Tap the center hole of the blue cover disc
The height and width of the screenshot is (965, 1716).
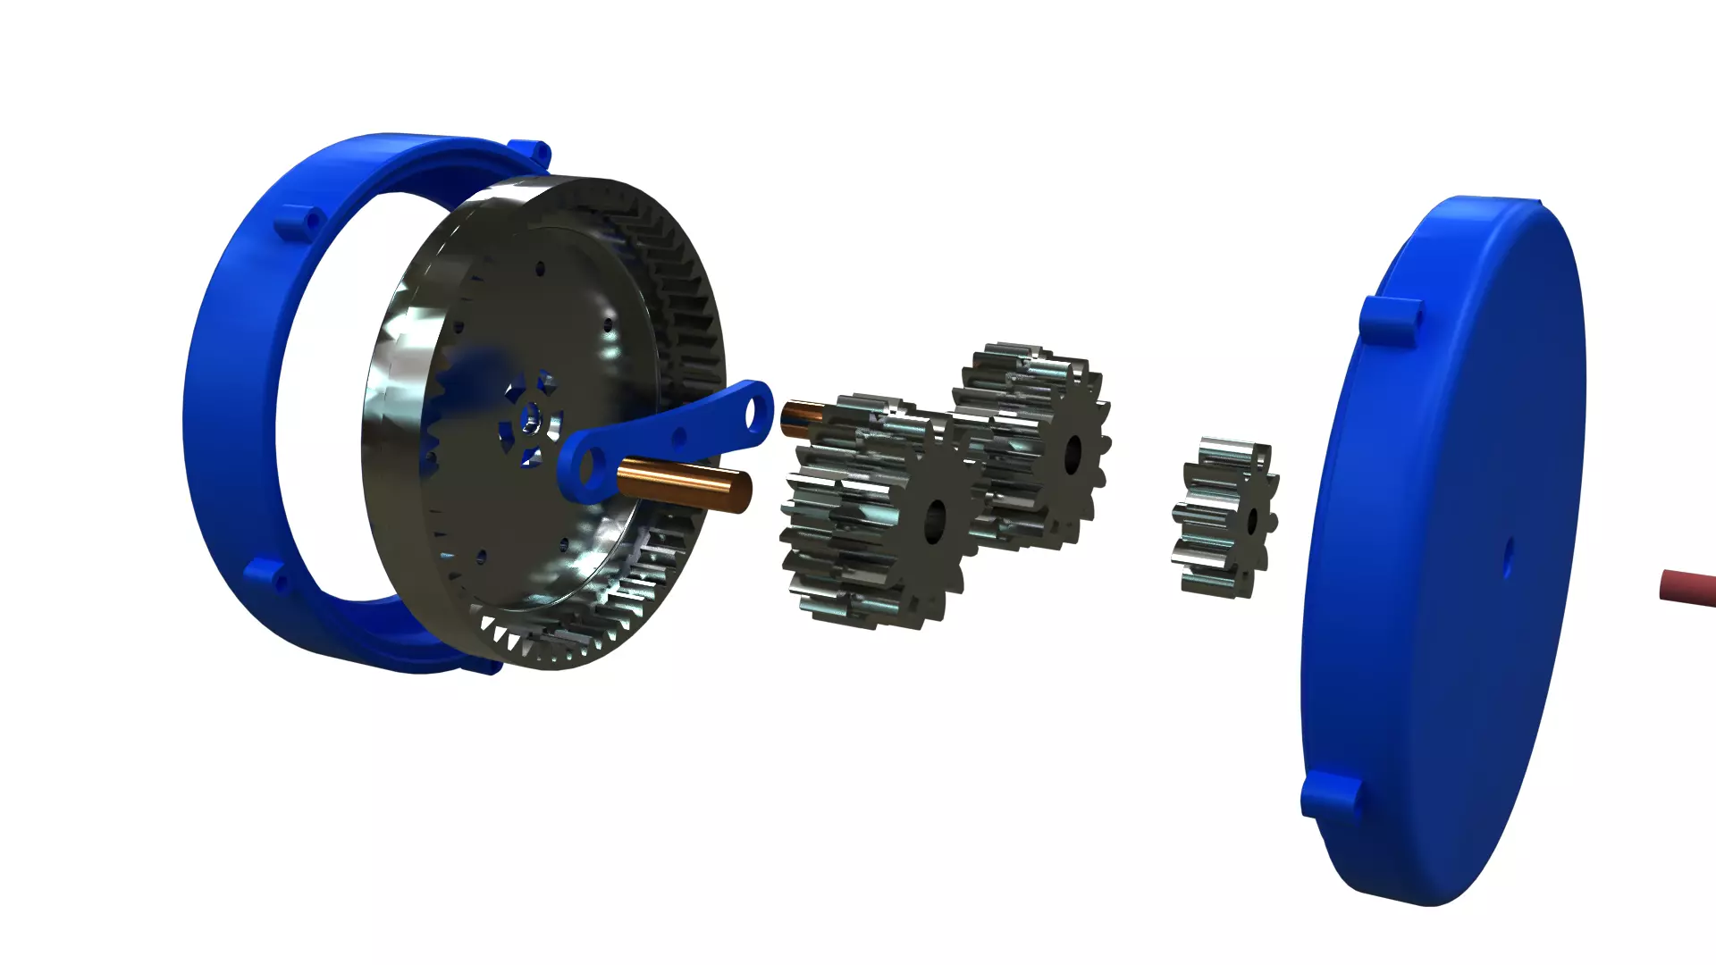1508,559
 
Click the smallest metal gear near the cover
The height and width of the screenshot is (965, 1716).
1224,518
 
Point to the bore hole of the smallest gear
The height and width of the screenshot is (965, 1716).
1252,521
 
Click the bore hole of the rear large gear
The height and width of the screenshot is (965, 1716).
1072,452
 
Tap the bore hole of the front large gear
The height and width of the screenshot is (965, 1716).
936,519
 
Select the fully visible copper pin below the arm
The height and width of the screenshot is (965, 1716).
685,485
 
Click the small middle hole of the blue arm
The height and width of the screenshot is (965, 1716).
680,437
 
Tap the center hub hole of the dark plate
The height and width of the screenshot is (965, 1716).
530,415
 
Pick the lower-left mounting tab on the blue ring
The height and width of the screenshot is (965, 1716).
265,575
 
